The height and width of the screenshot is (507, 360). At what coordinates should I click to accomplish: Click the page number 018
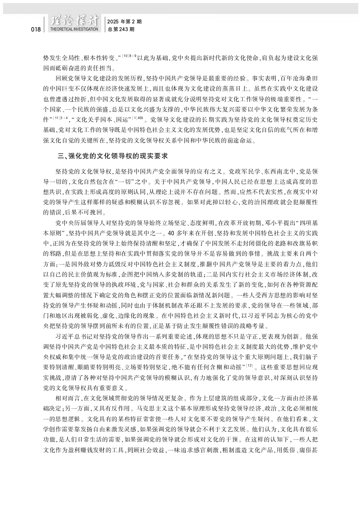(35, 29)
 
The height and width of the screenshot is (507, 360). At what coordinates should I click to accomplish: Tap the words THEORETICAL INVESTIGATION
(74, 29)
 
